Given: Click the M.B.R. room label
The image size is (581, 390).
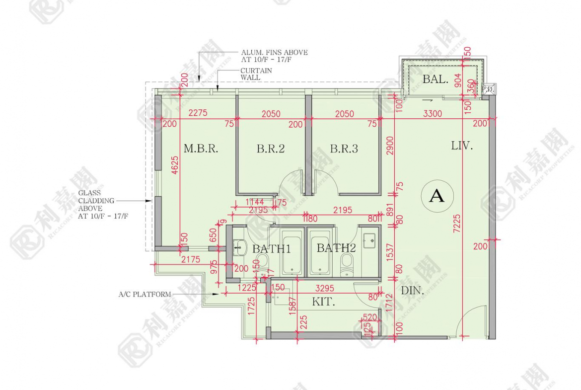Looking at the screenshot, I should pos(201,149).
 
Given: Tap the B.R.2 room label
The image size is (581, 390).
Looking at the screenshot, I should pos(271,149).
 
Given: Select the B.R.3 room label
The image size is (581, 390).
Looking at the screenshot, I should pos(344,149).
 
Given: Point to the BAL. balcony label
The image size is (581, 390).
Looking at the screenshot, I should pos(436,79).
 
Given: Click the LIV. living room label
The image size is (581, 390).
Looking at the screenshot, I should pos(462,146).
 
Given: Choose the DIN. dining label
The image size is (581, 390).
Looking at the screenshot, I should pos(413,291).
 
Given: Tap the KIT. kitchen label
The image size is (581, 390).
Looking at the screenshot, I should pos(322,302).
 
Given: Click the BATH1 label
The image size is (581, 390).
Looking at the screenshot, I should pos(271,248).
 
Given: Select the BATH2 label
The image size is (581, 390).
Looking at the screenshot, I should pos(336,248).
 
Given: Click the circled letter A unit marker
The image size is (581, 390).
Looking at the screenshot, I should pos(436,196).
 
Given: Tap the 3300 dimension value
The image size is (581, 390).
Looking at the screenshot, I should pos(432,114).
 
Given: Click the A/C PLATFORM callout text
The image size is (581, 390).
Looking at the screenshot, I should pos(144,294).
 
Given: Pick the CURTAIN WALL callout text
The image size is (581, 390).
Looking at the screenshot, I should pos(256,74).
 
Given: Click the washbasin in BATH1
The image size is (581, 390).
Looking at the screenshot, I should pos(240,246).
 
